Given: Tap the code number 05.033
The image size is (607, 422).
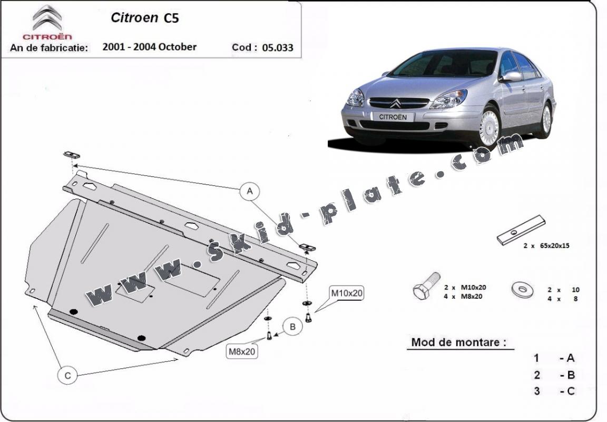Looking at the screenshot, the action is click(278, 47).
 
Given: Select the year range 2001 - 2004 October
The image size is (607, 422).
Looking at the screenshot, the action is click(150, 47).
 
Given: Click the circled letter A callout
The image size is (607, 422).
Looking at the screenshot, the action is click(250, 191).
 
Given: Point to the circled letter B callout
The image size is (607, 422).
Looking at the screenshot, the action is click(292, 327).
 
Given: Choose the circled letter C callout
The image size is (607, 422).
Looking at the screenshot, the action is click(68, 376).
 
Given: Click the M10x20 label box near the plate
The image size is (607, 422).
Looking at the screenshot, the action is click(347, 293).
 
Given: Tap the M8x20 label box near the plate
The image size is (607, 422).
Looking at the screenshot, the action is click(242, 351).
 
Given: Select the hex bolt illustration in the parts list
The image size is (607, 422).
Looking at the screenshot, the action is click(426, 286).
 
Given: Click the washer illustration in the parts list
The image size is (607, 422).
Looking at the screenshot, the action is click(522, 289).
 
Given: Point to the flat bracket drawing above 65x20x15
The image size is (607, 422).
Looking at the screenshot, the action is click(521, 230).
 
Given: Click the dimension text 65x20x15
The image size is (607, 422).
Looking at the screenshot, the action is click(552, 246).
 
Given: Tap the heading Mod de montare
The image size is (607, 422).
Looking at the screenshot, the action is click(458, 342).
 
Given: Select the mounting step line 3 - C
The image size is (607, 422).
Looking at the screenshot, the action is click(554, 391).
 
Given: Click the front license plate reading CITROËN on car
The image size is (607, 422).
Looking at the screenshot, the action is click(393, 116).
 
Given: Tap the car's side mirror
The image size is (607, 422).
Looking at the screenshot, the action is click(510, 77).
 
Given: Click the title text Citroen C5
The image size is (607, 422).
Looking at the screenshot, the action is click(145, 18).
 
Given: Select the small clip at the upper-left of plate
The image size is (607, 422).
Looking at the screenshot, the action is click(72, 155).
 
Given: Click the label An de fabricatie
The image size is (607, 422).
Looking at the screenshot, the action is click(49, 47).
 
